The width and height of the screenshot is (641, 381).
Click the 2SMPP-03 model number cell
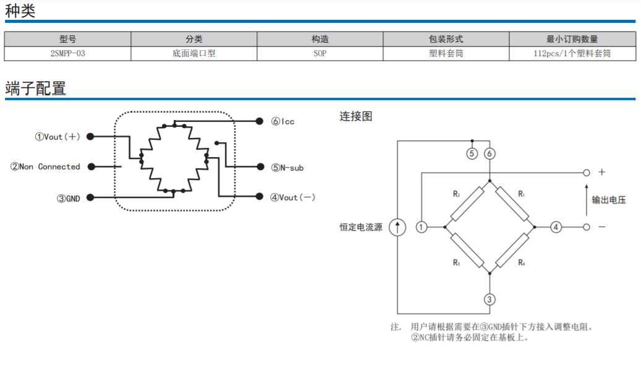click(67, 54)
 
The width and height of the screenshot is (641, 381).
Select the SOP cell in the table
click(320, 54)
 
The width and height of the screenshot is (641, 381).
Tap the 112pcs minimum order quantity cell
click(572, 54)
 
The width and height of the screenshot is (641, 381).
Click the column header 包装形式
click(446, 39)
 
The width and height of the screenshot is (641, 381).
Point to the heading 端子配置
click(35, 88)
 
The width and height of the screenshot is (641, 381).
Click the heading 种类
click(20, 11)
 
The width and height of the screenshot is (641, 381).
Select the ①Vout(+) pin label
click(57, 137)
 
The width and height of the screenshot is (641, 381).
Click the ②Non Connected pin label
click(46, 167)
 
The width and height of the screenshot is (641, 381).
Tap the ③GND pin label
click(68, 199)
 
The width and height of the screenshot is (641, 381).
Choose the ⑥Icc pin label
click(282, 121)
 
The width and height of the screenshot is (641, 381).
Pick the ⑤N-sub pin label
click(287, 168)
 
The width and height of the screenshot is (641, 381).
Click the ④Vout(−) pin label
click(293, 197)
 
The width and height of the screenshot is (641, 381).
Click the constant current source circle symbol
click(397, 227)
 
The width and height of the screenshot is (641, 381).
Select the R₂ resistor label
click(456, 194)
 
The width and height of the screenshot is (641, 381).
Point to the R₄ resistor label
click(522, 263)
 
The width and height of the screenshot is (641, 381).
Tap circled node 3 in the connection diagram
click(490, 300)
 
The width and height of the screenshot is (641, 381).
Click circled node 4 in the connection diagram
click(556, 227)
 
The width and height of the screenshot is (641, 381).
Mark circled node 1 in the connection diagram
click(422, 227)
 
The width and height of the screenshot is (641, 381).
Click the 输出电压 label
click(609, 200)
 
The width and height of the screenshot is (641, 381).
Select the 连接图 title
click(355, 116)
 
